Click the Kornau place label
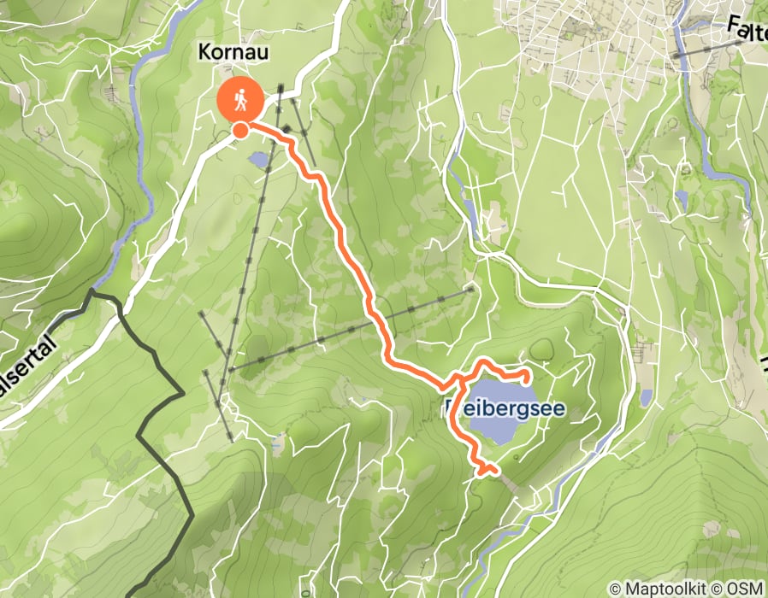pos(233,51)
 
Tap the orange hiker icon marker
pos(240,101)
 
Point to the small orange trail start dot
pos(241,130)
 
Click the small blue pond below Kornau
pos(257,158)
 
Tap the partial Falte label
pos(747,29)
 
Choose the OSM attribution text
pos(745,589)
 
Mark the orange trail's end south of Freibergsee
pos(495,469)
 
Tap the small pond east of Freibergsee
pos(647,397)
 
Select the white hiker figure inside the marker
pos(240,100)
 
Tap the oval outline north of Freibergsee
pos(541,349)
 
